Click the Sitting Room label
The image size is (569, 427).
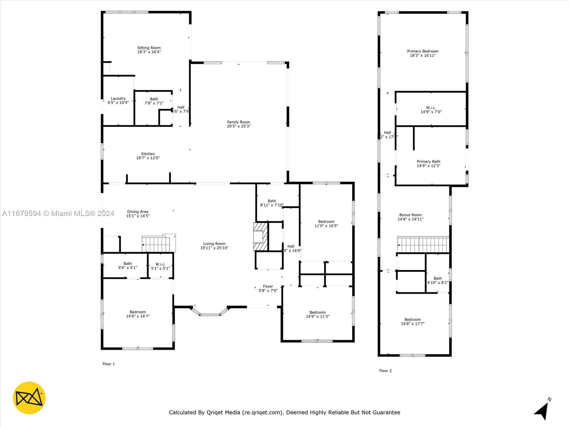(x=149, y=48)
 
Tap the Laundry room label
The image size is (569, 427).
(x=118, y=99)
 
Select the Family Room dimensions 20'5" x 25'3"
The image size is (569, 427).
(x=239, y=126)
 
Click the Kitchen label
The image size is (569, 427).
(x=148, y=154)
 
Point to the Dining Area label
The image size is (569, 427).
(x=138, y=212)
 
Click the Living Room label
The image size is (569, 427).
(x=214, y=244)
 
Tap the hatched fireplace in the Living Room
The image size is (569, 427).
(x=260, y=237)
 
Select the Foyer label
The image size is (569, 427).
(x=268, y=286)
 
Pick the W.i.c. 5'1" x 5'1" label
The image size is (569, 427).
(x=160, y=266)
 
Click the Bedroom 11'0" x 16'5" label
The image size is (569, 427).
(x=326, y=223)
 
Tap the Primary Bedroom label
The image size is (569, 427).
(x=422, y=51)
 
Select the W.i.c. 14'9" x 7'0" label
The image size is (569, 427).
(x=431, y=110)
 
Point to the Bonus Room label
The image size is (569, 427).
(x=410, y=215)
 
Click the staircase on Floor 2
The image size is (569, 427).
(x=423, y=245)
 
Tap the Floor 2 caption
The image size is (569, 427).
(x=385, y=371)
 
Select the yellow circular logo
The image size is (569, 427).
(x=29, y=398)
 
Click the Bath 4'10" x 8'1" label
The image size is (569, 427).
(x=437, y=280)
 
